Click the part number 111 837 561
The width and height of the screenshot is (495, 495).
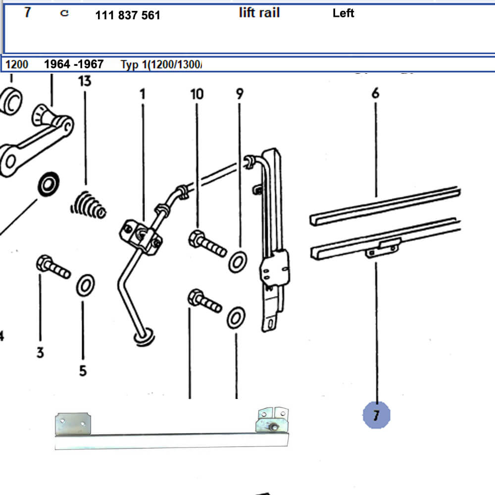(x=128, y=15)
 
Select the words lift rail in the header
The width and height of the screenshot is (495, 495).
(x=259, y=13)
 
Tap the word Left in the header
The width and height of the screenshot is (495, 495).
(x=343, y=13)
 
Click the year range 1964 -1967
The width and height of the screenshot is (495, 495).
(x=74, y=64)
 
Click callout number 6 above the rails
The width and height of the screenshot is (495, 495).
(x=375, y=93)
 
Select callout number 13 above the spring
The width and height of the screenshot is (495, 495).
(x=85, y=81)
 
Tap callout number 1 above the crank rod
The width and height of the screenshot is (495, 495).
(x=143, y=94)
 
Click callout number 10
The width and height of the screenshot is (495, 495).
(x=197, y=94)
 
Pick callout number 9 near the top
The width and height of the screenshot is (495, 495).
(x=240, y=94)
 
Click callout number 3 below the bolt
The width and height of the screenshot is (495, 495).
(x=40, y=352)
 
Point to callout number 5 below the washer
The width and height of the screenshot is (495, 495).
(x=83, y=370)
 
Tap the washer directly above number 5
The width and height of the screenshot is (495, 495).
(x=86, y=286)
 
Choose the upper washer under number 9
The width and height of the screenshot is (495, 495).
(x=239, y=261)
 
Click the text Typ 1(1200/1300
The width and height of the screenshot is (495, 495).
(x=161, y=65)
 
